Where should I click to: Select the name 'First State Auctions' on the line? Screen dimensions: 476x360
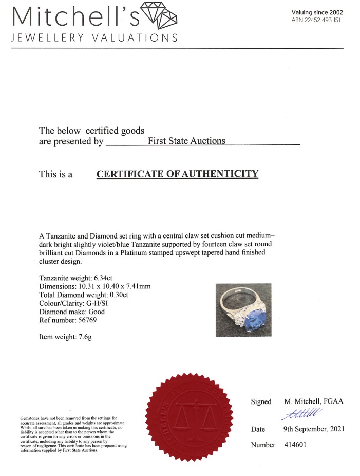coord(186,141)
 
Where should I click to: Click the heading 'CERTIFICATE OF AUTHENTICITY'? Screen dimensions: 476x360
coord(177,174)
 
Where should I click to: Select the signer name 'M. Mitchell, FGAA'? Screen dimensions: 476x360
coord(313,401)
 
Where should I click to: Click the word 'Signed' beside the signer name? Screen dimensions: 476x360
coord(261,401)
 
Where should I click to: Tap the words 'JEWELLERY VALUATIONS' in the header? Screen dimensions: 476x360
coord(94,38)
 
